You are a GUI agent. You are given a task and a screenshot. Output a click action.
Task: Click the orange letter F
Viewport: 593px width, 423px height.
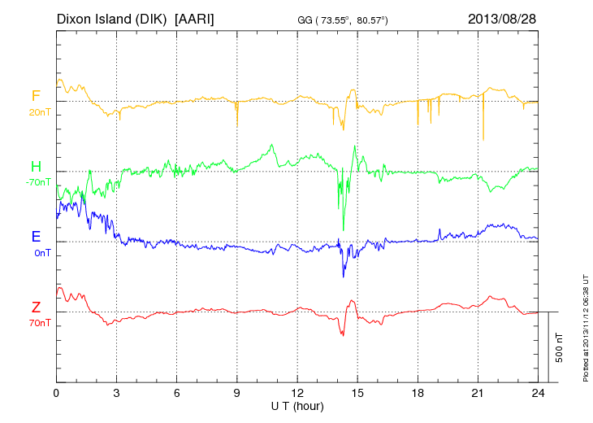(36, 96)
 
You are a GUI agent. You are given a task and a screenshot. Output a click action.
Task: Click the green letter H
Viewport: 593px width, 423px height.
(36, 167)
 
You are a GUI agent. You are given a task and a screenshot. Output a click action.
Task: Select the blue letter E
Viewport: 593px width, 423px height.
(36, 237)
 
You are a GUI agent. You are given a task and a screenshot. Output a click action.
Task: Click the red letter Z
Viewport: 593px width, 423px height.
(36, 307)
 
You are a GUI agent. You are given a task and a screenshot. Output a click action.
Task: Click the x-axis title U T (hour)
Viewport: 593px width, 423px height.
(297, 405)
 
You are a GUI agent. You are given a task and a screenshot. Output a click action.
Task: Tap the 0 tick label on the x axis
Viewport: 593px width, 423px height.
(56, 393)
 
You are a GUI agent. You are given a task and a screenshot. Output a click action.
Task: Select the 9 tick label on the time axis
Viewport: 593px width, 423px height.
(237, 393)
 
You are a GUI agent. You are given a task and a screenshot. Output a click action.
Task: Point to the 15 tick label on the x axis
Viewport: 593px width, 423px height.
(357, 393)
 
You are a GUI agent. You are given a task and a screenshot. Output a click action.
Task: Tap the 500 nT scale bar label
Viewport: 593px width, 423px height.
(560, 347)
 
